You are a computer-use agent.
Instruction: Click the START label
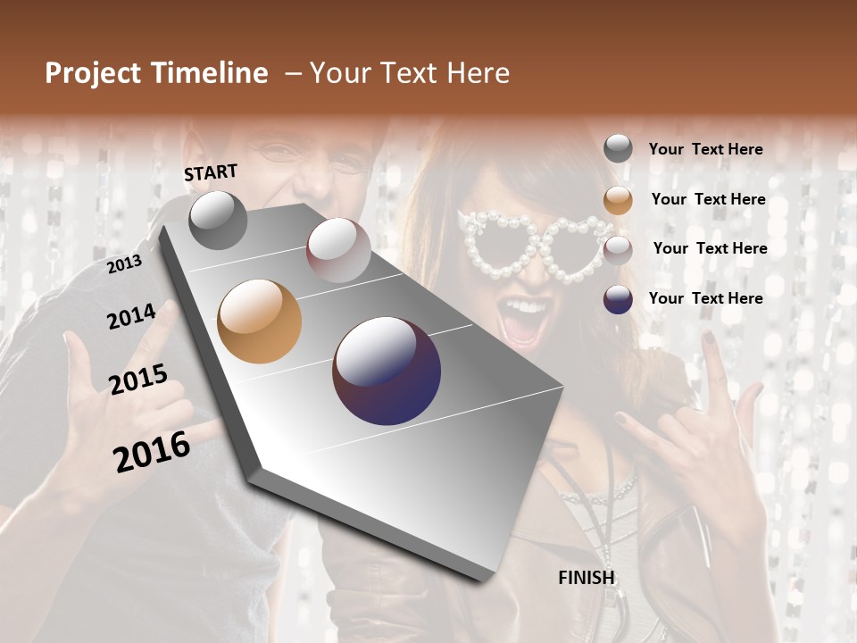(211, 172)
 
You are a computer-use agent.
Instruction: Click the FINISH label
(587, 578)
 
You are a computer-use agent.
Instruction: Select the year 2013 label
(124, 264)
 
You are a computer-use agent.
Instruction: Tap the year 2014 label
(131, 316)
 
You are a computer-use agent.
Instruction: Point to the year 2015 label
(138, 380)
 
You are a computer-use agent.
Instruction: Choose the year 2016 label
(152, 451)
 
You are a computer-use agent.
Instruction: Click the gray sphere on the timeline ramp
(218, 220)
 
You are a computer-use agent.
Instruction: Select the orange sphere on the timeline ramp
(260, 321)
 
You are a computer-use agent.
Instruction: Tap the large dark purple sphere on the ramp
(387, 371)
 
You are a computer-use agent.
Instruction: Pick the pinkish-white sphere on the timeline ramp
(338, 250)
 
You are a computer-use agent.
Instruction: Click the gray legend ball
(618, 149)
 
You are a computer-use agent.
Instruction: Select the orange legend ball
(618, 200)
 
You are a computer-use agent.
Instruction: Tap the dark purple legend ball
(618, 299)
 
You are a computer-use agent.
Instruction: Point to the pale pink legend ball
(618, 249)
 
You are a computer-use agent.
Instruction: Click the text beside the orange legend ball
(708, 199)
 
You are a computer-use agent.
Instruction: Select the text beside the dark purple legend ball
(705, 298)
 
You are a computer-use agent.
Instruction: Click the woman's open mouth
(527, 319)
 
